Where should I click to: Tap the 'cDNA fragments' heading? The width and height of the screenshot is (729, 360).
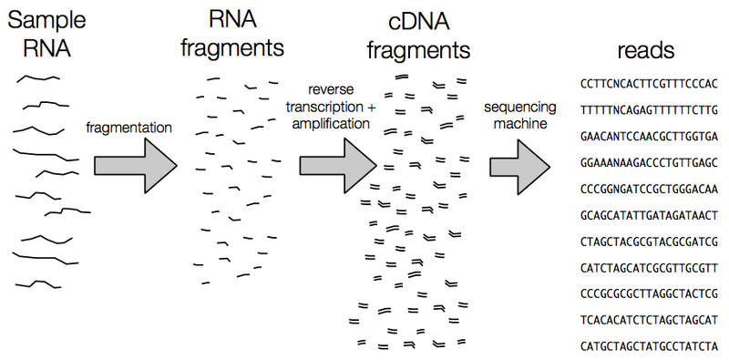point(419,35)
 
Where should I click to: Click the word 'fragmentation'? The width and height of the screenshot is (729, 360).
point(127,127)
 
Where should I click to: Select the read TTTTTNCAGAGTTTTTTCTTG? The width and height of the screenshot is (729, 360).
point(648,108)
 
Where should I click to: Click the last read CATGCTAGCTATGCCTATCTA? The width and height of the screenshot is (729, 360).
point(648,345)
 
